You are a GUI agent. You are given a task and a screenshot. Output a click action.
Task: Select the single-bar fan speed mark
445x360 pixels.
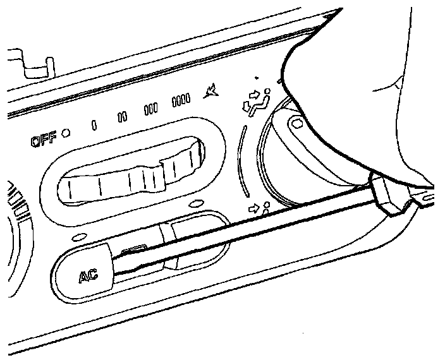pyautogui.click(x=94, y=124)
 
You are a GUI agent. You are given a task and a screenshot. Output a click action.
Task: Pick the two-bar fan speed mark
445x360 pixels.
pyautogui.click(x=123, y=116)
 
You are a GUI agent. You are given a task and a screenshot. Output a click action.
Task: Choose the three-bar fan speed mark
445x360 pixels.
pyautogui.click(x=151, y=108)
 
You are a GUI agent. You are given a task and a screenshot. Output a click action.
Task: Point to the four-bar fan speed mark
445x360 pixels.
pyautogui.click(x=181, y=100)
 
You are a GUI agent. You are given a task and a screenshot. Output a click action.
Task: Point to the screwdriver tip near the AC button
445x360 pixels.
pyautogui.click(x=126, y=256)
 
